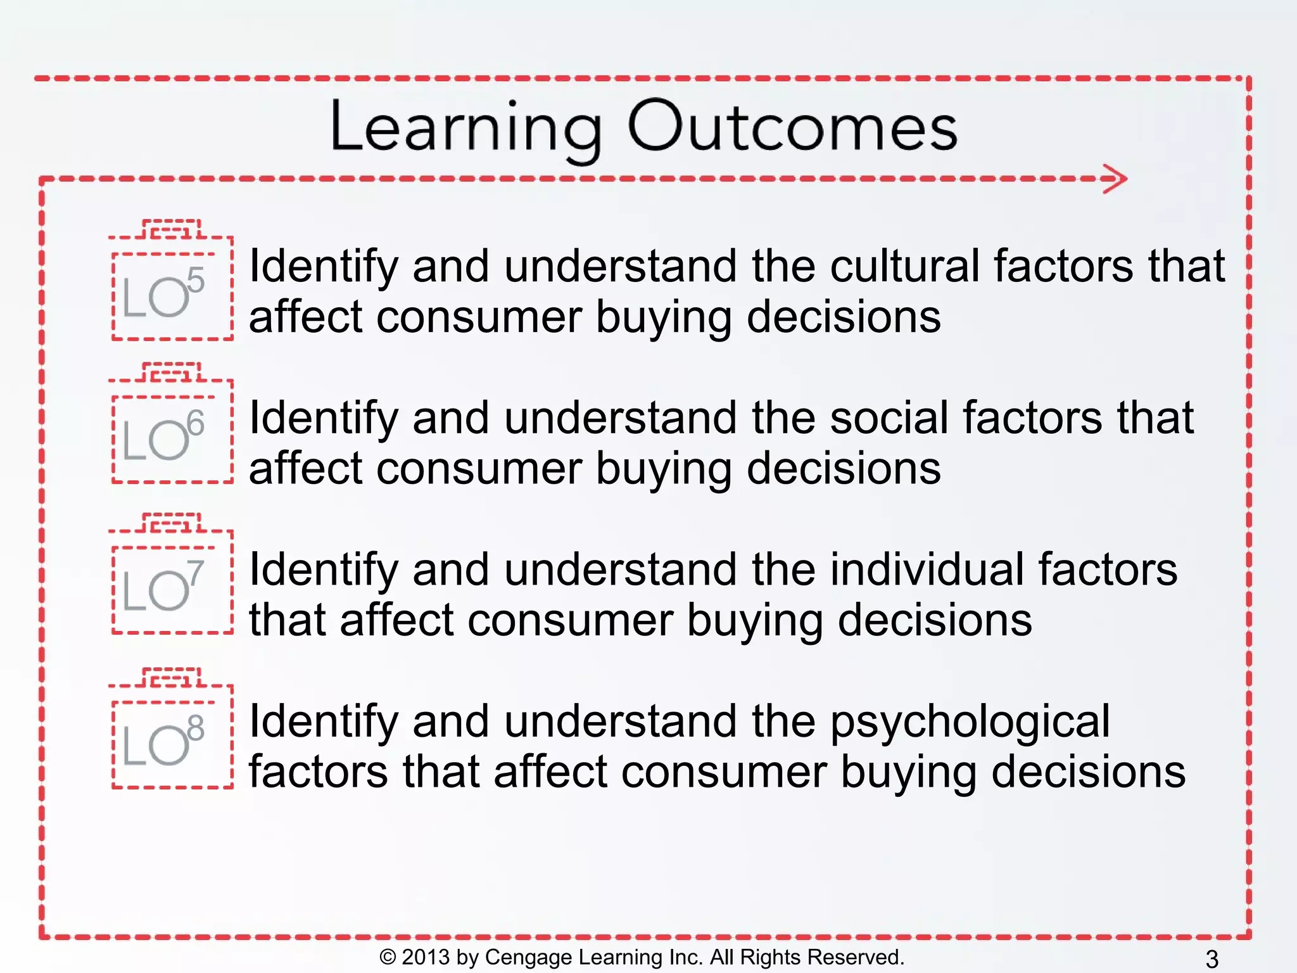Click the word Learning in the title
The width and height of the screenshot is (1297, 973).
click(465, 128)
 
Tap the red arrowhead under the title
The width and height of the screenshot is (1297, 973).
click(1116, 179)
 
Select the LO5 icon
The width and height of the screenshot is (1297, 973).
click(171, 289)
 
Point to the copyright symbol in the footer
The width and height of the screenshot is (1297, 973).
click(387, 957)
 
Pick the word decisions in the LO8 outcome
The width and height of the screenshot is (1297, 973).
click(1088, 773)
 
